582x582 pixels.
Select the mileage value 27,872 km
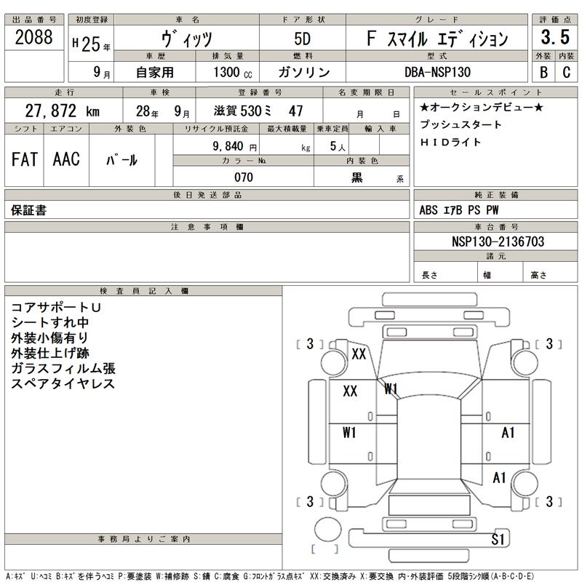click(62, 111)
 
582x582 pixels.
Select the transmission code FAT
click(25, 160)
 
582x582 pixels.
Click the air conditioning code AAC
click(66, 160)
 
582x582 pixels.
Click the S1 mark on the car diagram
click(498, 539)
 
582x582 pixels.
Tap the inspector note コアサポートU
click(55, 307)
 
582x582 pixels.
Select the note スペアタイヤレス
click(63, 383)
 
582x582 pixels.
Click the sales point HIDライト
click(451, 142)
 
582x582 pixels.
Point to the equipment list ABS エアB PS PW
click(459, 210)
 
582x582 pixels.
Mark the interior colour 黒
click(357, 178)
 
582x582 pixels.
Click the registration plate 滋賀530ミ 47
click(259, 111)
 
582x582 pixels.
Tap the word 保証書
click(29, 210)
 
